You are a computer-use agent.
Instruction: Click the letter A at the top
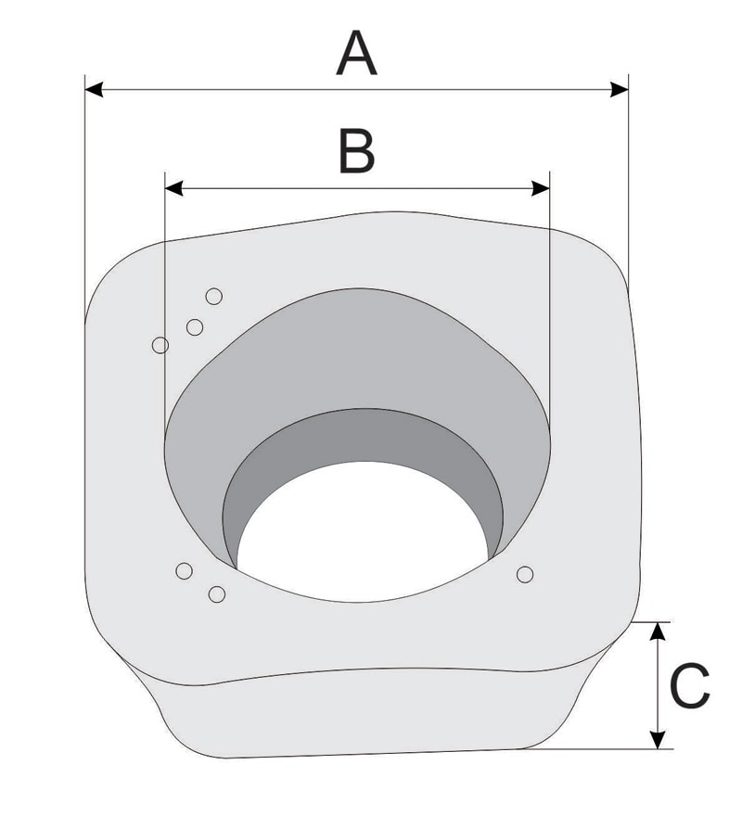click(356, 53)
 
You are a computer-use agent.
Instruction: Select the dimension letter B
click(356, 151)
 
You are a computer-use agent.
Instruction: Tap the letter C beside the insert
click(689, 685)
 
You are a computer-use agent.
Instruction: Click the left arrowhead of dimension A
click(94, 90)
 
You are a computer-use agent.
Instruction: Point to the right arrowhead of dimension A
click(620, 90)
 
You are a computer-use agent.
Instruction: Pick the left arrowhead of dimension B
click(174, 188)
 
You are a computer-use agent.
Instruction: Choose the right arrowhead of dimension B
click(541, 188)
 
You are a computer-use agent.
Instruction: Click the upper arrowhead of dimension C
click(659, 631)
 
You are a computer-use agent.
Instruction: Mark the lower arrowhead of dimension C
click(659, 740)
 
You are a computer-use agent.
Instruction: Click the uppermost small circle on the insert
click(214, 296)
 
